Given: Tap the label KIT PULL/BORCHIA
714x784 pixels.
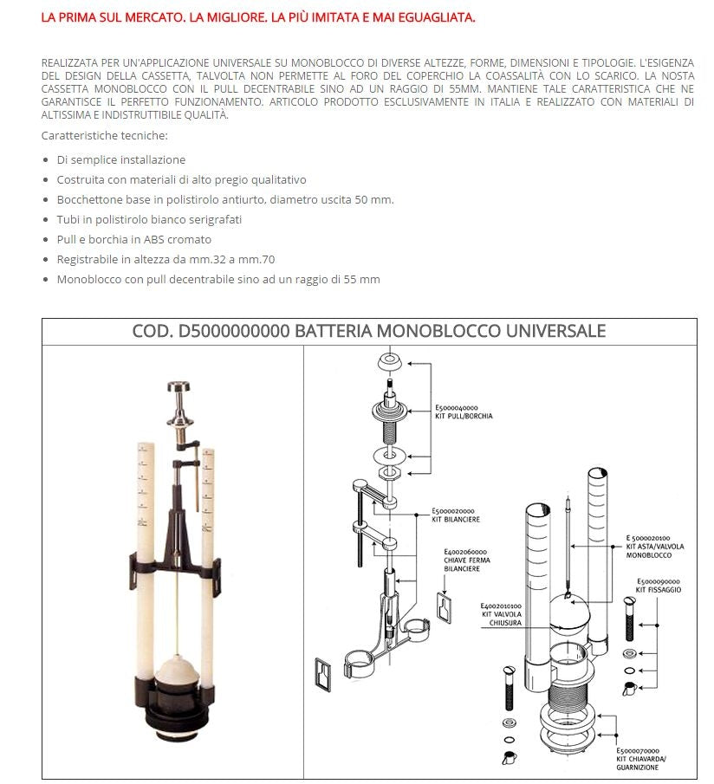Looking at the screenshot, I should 464,416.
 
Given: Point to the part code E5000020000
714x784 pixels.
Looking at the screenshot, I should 454,511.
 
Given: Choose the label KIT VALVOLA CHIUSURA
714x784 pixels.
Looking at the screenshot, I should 502,614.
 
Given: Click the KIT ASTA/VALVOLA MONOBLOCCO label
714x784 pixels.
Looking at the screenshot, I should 650,547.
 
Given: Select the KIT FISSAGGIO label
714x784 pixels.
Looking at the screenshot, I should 658,589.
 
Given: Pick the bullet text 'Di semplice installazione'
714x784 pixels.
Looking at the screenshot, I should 121,160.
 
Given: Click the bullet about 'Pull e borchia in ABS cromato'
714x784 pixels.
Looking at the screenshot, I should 134,240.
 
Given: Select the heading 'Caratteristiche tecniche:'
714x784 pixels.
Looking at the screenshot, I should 104,136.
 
